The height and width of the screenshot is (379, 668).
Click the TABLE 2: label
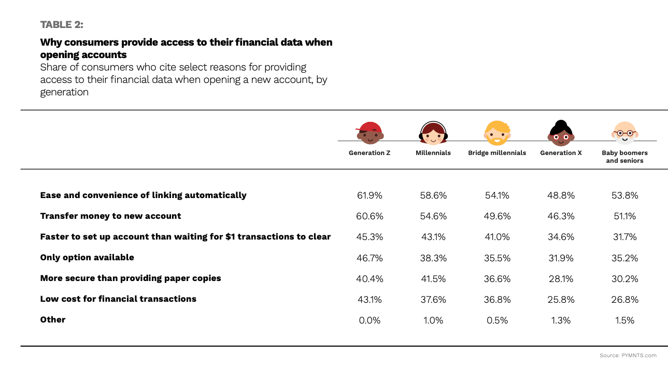62,24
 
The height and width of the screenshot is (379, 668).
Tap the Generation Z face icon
369,133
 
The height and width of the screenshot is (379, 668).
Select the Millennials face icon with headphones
433,133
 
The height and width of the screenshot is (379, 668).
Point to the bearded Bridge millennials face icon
497,133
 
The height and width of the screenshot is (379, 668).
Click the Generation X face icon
561,133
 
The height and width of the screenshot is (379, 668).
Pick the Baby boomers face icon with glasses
624,133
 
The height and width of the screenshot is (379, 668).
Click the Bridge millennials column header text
497,153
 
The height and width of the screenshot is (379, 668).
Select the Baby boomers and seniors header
624,157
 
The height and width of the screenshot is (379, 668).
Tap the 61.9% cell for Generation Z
369,195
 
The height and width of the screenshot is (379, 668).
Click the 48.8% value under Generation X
561,195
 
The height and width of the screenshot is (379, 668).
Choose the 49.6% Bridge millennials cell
497,216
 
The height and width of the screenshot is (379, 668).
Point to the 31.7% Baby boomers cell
624,237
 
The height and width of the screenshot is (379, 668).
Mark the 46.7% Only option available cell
369,258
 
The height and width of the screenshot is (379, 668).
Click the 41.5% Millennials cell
433,278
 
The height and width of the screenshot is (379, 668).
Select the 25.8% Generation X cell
561,299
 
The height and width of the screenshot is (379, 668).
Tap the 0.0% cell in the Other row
369,320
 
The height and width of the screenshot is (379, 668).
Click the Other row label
53,320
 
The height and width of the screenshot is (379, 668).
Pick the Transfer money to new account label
110,216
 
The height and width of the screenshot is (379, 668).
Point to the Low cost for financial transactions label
118,299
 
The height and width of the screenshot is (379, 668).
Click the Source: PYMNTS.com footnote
628,356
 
